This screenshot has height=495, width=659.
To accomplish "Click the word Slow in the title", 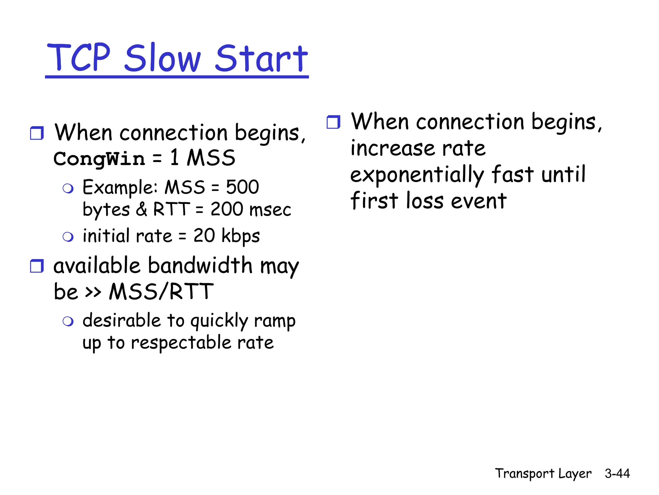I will pyautogui.click(x=162, y=59).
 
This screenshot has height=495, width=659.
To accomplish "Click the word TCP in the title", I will pyautogui.click(x=79, y=58).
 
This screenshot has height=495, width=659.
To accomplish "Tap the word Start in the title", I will pyautogui.click(x=261, y=59).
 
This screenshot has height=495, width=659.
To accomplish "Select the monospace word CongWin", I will pyautogui.click(x=99, y=159).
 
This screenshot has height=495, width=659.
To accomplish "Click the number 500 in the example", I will pyautogui.click(x=242, y=187).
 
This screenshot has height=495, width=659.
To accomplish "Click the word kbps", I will pyautogui.click(x=241, y=236).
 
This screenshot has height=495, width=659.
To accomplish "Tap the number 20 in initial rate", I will pyautogui.click(x=204, y=236).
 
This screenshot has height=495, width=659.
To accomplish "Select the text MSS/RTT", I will pyautogui.click(x=161, y=292).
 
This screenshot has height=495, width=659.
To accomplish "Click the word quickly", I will pyautogui.click(x=219, y=321).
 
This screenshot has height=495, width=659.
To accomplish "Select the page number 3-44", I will pyautogui.click(x=617, y=473).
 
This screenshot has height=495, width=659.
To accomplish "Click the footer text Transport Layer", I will pyautogui.click(x=543, y=473).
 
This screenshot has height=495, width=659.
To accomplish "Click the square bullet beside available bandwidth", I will pyautogui.click(x=37, y=266).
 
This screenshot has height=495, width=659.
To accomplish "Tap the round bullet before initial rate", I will pyautogui.click(x=68, y=237).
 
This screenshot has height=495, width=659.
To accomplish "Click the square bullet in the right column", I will pyautogui.click(x=333, y=122).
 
